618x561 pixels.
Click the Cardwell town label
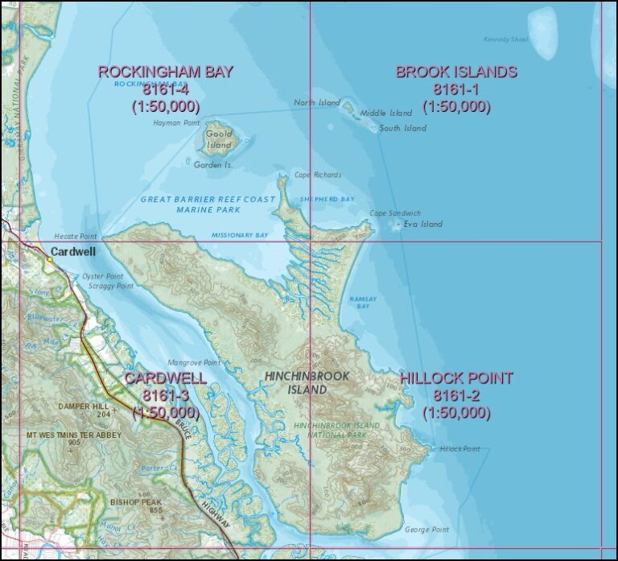(x=73, y=252)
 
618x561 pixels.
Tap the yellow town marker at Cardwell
(x=49, y=259)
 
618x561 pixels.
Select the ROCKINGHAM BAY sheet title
(x=165, y=72)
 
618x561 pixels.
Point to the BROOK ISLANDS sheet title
(x=455, y=72)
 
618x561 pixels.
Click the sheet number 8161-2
(x=456, y=395)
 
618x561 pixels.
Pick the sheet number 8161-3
(x=165, y=395)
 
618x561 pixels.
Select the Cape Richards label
(x=317, y=175)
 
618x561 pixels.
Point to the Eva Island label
(x=422, y=225)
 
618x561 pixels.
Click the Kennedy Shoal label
(x=505, y=39)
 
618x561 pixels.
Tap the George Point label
(x=426, y=530)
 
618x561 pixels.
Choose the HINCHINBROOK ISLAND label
(x=296, y=382)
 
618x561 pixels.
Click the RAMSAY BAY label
(x=363, y=303)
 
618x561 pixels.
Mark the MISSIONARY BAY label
(x=240, y=235)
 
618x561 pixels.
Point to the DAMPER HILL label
(x=84, y=407)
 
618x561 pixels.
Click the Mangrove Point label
(x=194, y=363)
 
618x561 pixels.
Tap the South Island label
(x=403, y=129)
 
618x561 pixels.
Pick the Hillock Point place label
(x=459, y=449)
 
